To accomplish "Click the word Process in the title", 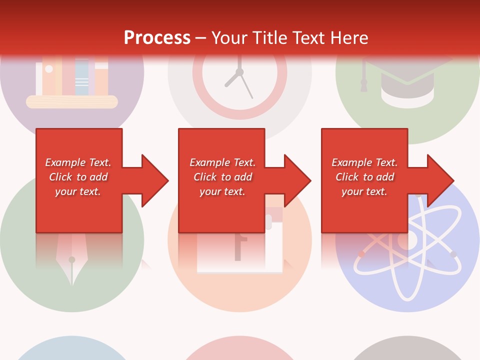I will [x=157, y=38].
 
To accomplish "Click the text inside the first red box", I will [x=78, y=177].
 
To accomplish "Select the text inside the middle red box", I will [x=222, y=177].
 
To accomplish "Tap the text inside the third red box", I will [x=364, y=177].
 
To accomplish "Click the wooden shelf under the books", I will [x=71, y=102].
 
